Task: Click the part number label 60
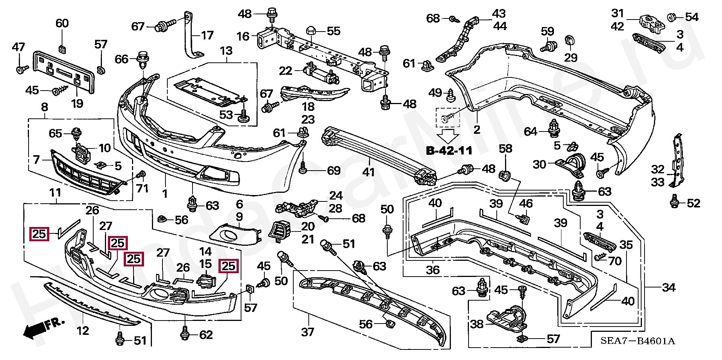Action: [62, 23]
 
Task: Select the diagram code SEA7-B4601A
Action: [637, 341]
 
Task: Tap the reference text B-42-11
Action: [449, 151]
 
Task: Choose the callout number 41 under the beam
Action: [369, 172]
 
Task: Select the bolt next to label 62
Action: [185, 333]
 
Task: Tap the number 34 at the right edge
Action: [669, 287]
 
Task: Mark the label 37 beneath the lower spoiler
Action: [308, 332]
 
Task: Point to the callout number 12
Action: [83, 331]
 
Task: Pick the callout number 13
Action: [226, 51]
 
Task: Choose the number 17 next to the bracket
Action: [207, 35]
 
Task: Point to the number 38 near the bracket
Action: [477, 324]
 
